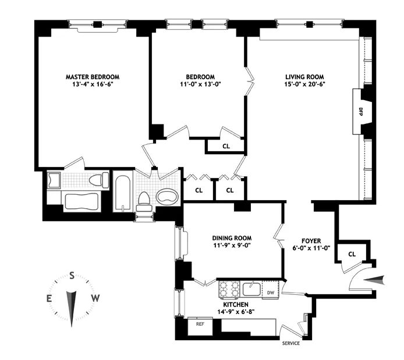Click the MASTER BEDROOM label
(x=93, y=77)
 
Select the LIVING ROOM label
(x=304, y=77)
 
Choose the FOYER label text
(x=311, y=240)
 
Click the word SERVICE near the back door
(x=291, y=344)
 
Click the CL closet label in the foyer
(x=352, y=254)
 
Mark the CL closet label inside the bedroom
(x=226, y=147)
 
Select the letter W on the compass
(x=97, y=298)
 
